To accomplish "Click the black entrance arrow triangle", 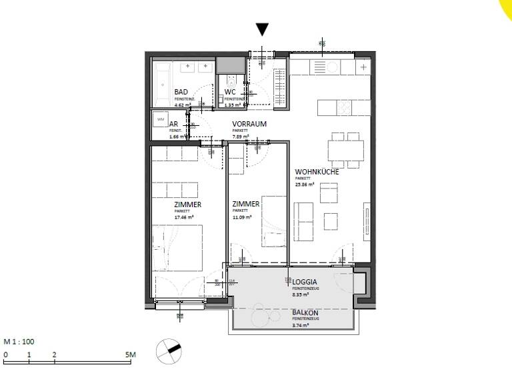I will point(263,29).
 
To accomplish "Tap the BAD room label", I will point(181,92).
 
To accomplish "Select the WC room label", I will point(230,92).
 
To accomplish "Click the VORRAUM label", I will point(249,125).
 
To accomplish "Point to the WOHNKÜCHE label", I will point(317,172).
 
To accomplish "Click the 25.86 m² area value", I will point(305,185).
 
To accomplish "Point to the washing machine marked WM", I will point(159,119).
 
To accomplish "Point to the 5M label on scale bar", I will point(131,355).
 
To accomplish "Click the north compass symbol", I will point(168,350).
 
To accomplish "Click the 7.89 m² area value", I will point(241,137).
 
